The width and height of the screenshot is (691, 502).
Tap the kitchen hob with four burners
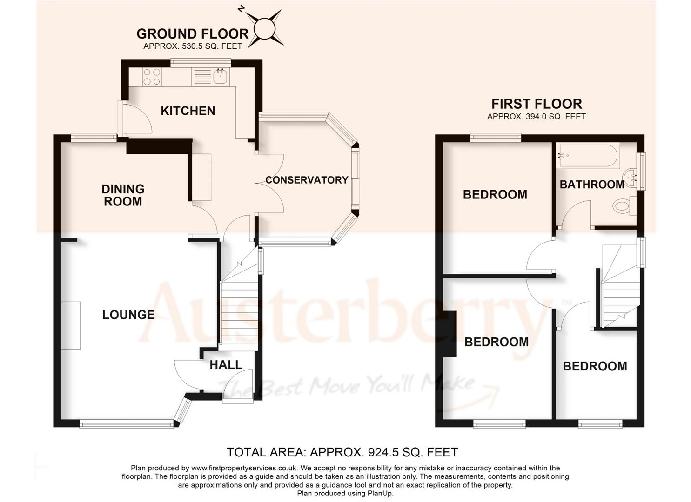(x=152, y=77)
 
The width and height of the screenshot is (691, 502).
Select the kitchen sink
(x=220, y=77)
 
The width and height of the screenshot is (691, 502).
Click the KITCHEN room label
(x=188, y=111)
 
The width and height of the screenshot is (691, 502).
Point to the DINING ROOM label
(x=123, y=195)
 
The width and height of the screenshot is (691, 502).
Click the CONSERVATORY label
(x=307, y=180)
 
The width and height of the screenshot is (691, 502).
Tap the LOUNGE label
(x=128, y=315)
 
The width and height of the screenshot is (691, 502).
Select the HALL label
(x=226, y=365)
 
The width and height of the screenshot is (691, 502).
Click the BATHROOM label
(x=592, y=185)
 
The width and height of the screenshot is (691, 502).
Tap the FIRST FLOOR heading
(x=537, y=104)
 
